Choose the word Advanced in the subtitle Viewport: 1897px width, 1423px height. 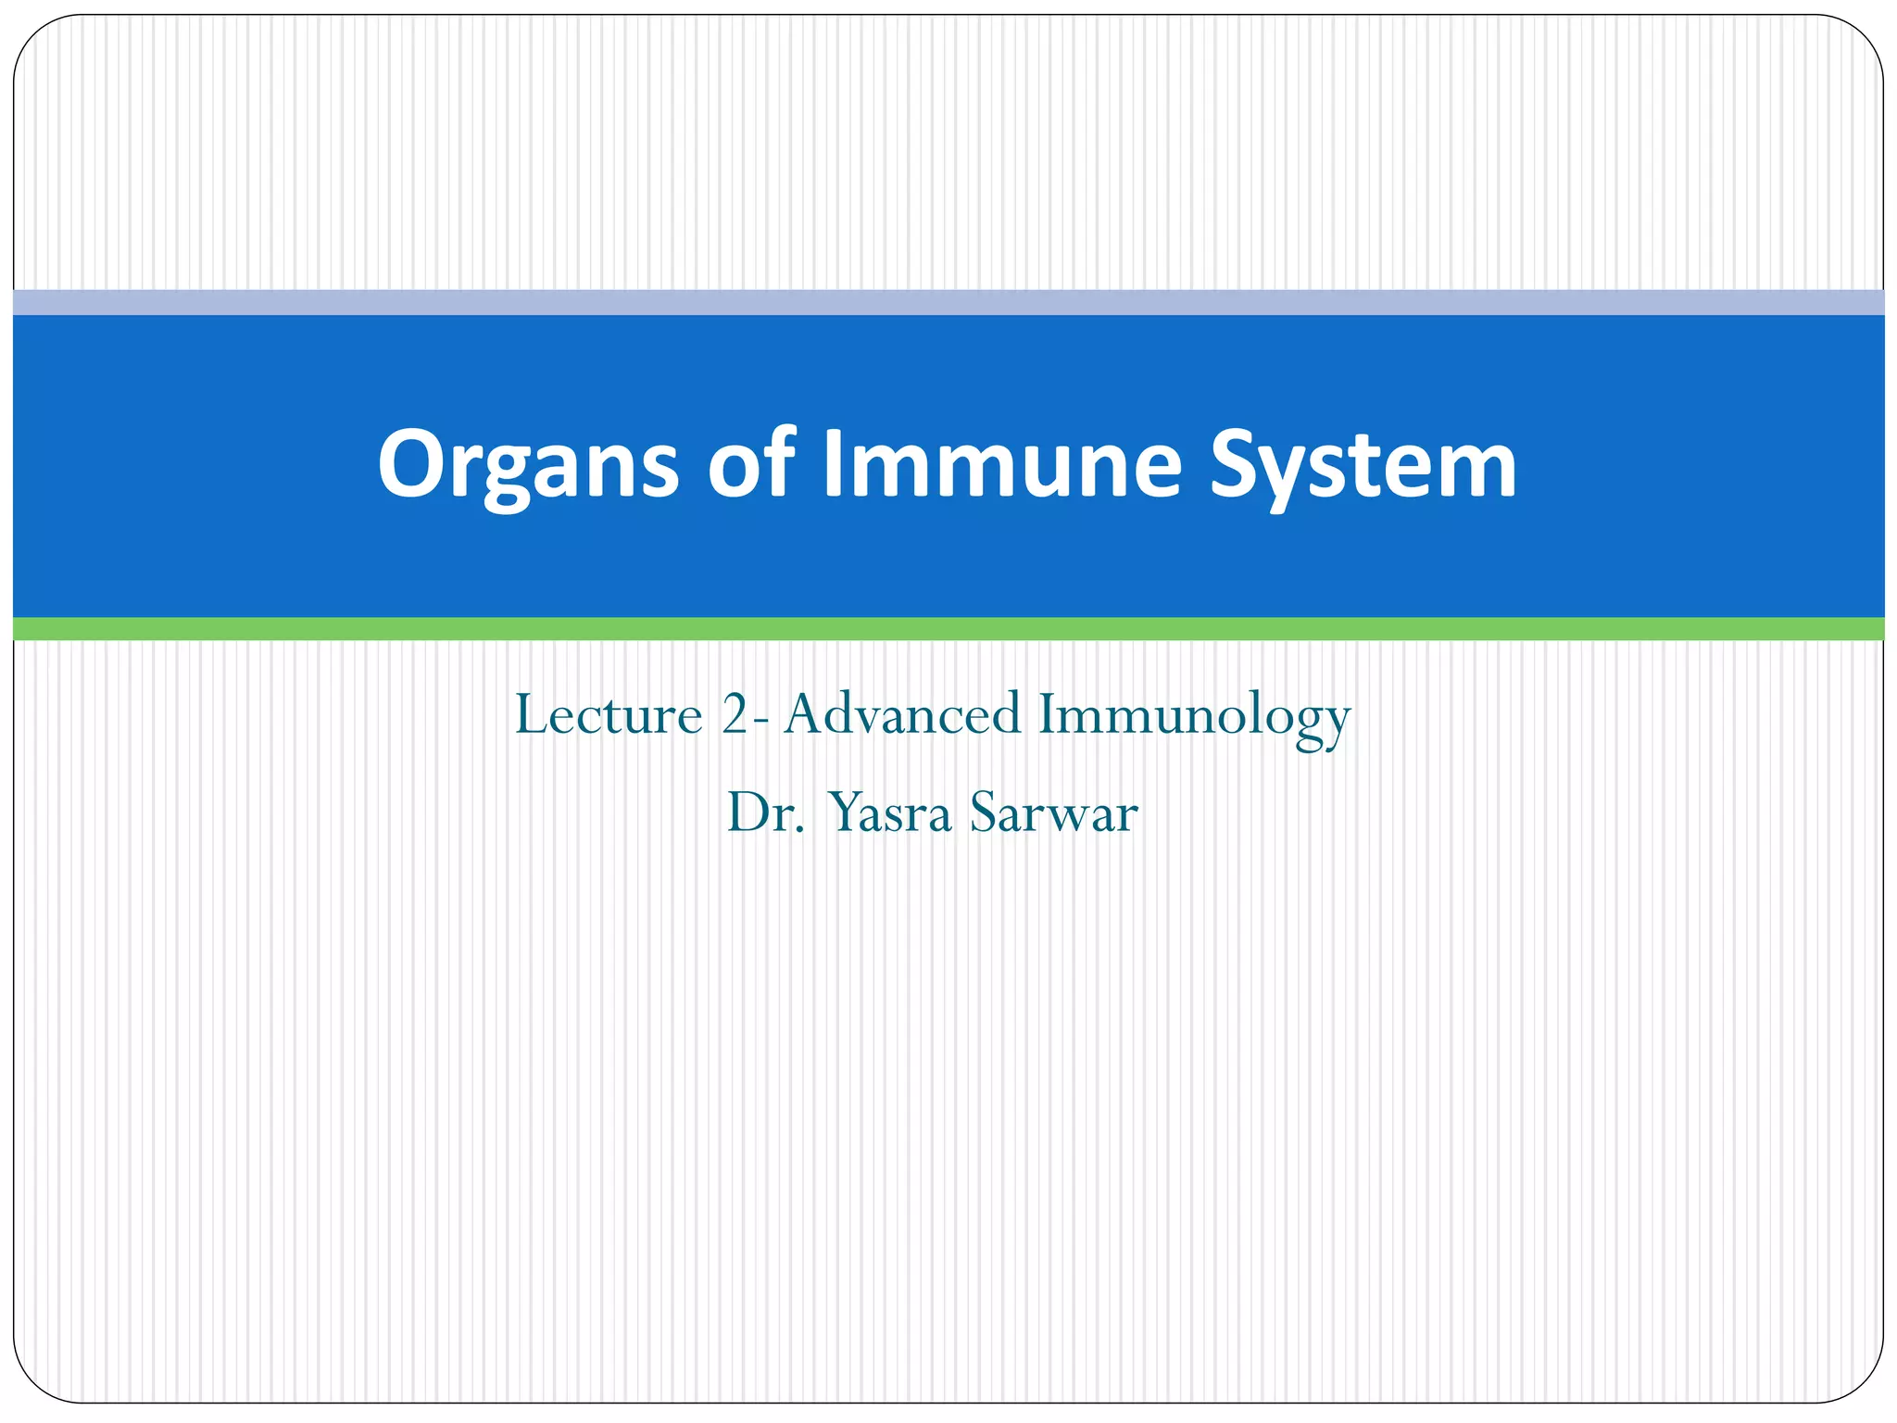(902, 715)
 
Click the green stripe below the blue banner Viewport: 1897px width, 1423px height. (948, 629)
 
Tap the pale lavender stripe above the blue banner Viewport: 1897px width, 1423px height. (948, 302)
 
